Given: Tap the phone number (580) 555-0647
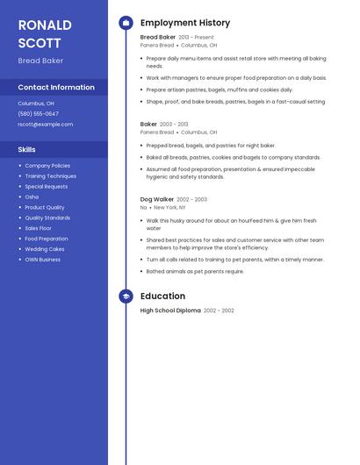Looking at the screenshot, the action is (39, 113).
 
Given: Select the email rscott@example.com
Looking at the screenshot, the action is (46, 125).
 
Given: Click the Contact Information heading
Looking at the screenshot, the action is (56, 87).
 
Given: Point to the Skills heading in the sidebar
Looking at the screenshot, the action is (27, 149).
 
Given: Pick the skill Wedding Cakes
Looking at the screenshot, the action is (45, 249).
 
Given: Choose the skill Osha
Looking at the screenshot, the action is (32, 197).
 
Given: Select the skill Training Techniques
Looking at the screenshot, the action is (51, 175).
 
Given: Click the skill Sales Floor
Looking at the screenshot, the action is (39, 228).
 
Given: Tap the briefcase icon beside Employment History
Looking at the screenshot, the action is (126, 23).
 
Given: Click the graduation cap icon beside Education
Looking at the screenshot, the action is (126, 297).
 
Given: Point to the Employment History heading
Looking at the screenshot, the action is (185, 23).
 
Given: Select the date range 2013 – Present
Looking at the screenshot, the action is (196, 38).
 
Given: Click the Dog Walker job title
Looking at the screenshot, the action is (157, 199).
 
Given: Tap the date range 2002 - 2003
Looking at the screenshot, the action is (192, 199).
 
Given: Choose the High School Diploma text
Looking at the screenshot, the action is (170, 311).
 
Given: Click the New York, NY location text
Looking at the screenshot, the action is (171, 207).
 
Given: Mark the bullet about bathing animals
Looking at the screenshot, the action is (195, 271).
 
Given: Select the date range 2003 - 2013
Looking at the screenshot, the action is (175, 125).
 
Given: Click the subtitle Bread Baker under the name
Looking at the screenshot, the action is (40, 61).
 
